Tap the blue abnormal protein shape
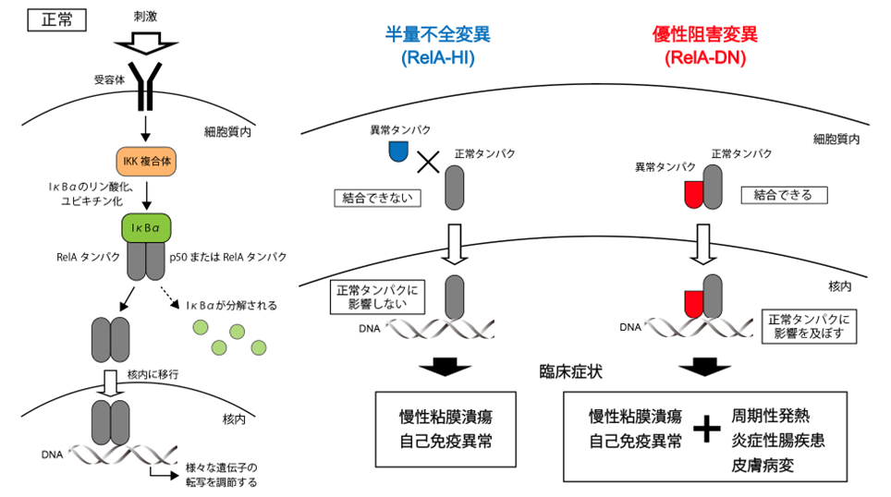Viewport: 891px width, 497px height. [398, 151]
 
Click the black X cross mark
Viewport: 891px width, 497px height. [428, 163]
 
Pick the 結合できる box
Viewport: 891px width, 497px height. [784, 195]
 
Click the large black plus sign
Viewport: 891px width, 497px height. [707, 428]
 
